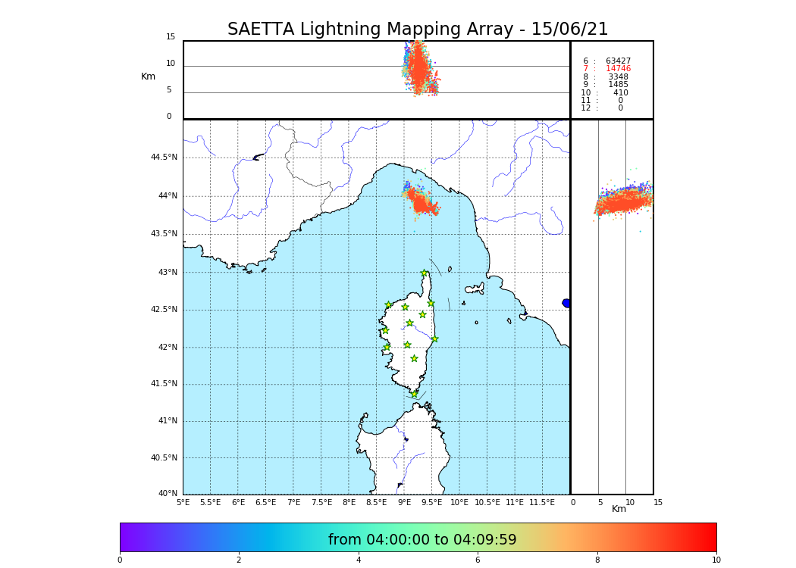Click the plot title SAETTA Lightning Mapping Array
tap(418, 30)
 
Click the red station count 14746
tap(618, 69)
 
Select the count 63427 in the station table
tap(618, 61)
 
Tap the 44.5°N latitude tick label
tap(164, 158)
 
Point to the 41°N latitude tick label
tap(168, 421)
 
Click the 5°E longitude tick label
tap(183, 502)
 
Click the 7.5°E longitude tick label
tap(321, 502)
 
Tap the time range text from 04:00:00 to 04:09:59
tap(422, 540)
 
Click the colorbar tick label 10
tap(716, 560)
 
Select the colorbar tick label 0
tap(120, 560)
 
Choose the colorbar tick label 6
tap(478, 560)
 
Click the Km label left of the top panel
tap(148, 76)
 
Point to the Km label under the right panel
tap(619, 509)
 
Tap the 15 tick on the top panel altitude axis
tap(171, 37)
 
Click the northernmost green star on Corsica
tap(425, 273)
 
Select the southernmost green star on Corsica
tap(414, 394)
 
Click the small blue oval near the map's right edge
tap(566, 303)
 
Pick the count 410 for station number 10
tap(621, 93)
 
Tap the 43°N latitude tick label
tap(168, 273)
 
